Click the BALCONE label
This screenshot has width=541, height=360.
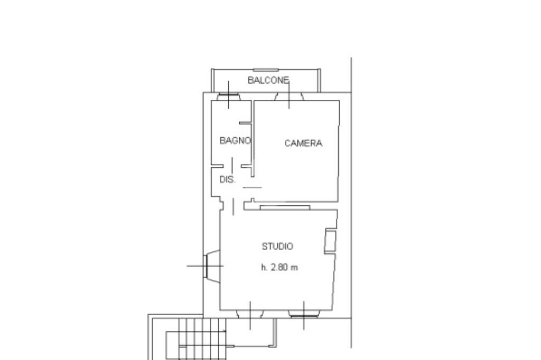tap(268, 80)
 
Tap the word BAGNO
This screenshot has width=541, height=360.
tap(235, 141)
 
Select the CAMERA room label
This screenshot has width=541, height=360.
tap(303, 143)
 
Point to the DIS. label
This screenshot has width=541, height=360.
tap(228, 179)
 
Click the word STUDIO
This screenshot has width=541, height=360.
tap(277, 246)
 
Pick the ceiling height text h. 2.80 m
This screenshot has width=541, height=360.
tap(279, 267)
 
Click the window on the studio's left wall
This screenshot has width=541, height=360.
tap(212, 266)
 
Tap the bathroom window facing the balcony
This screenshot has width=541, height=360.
tap(228, 96)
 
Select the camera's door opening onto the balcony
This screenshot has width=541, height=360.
tap(289, 96)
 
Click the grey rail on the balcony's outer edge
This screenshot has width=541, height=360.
tap(266, 70)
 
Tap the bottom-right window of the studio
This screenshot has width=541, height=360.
tap(304, 314)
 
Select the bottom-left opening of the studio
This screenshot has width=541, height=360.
tap(250, 314)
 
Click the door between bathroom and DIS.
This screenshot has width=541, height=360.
tap(232, 166)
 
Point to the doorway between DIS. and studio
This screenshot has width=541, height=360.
tap(234, 206)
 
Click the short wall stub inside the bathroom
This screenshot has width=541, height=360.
tap(245, 123)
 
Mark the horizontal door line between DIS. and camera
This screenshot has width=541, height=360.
tap(253, 187)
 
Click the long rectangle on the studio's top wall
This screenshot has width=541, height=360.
tap(285, 207)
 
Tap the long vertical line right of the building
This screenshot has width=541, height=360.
tap(351, 203)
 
